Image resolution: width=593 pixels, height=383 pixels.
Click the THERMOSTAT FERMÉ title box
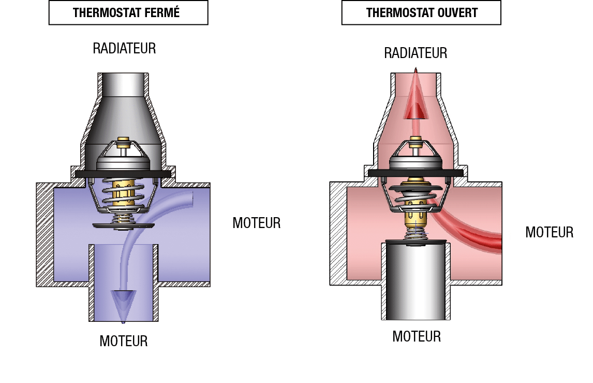[x=128, y=12]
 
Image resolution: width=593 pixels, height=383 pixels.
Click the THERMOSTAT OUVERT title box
[x=421, y=12]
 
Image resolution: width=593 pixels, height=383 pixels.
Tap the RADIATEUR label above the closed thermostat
[x=124, y=49]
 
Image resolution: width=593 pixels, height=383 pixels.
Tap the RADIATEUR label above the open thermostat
[x=416, y=53]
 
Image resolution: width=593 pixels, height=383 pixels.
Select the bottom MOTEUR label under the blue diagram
[x=124, y=341]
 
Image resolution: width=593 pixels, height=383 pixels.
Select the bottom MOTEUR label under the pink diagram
[x=417, y=336]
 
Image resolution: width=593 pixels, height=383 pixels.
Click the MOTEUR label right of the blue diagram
[x=257, y=223]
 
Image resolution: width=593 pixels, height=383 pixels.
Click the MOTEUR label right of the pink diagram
[x=550, y=232]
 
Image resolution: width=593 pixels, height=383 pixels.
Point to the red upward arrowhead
[x=415, y=96]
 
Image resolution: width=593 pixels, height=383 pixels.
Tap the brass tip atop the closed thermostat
[x=123, y=143]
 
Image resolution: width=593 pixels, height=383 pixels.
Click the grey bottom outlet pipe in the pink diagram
[x=416, y=280]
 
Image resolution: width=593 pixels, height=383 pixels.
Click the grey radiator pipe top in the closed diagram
[x=123, y=84]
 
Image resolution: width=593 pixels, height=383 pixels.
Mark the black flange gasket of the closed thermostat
[x=123, y=174]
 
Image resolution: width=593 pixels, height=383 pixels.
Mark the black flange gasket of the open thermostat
[x=416, y=173]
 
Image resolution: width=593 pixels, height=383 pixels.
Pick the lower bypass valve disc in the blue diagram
[x=123, y=226]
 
